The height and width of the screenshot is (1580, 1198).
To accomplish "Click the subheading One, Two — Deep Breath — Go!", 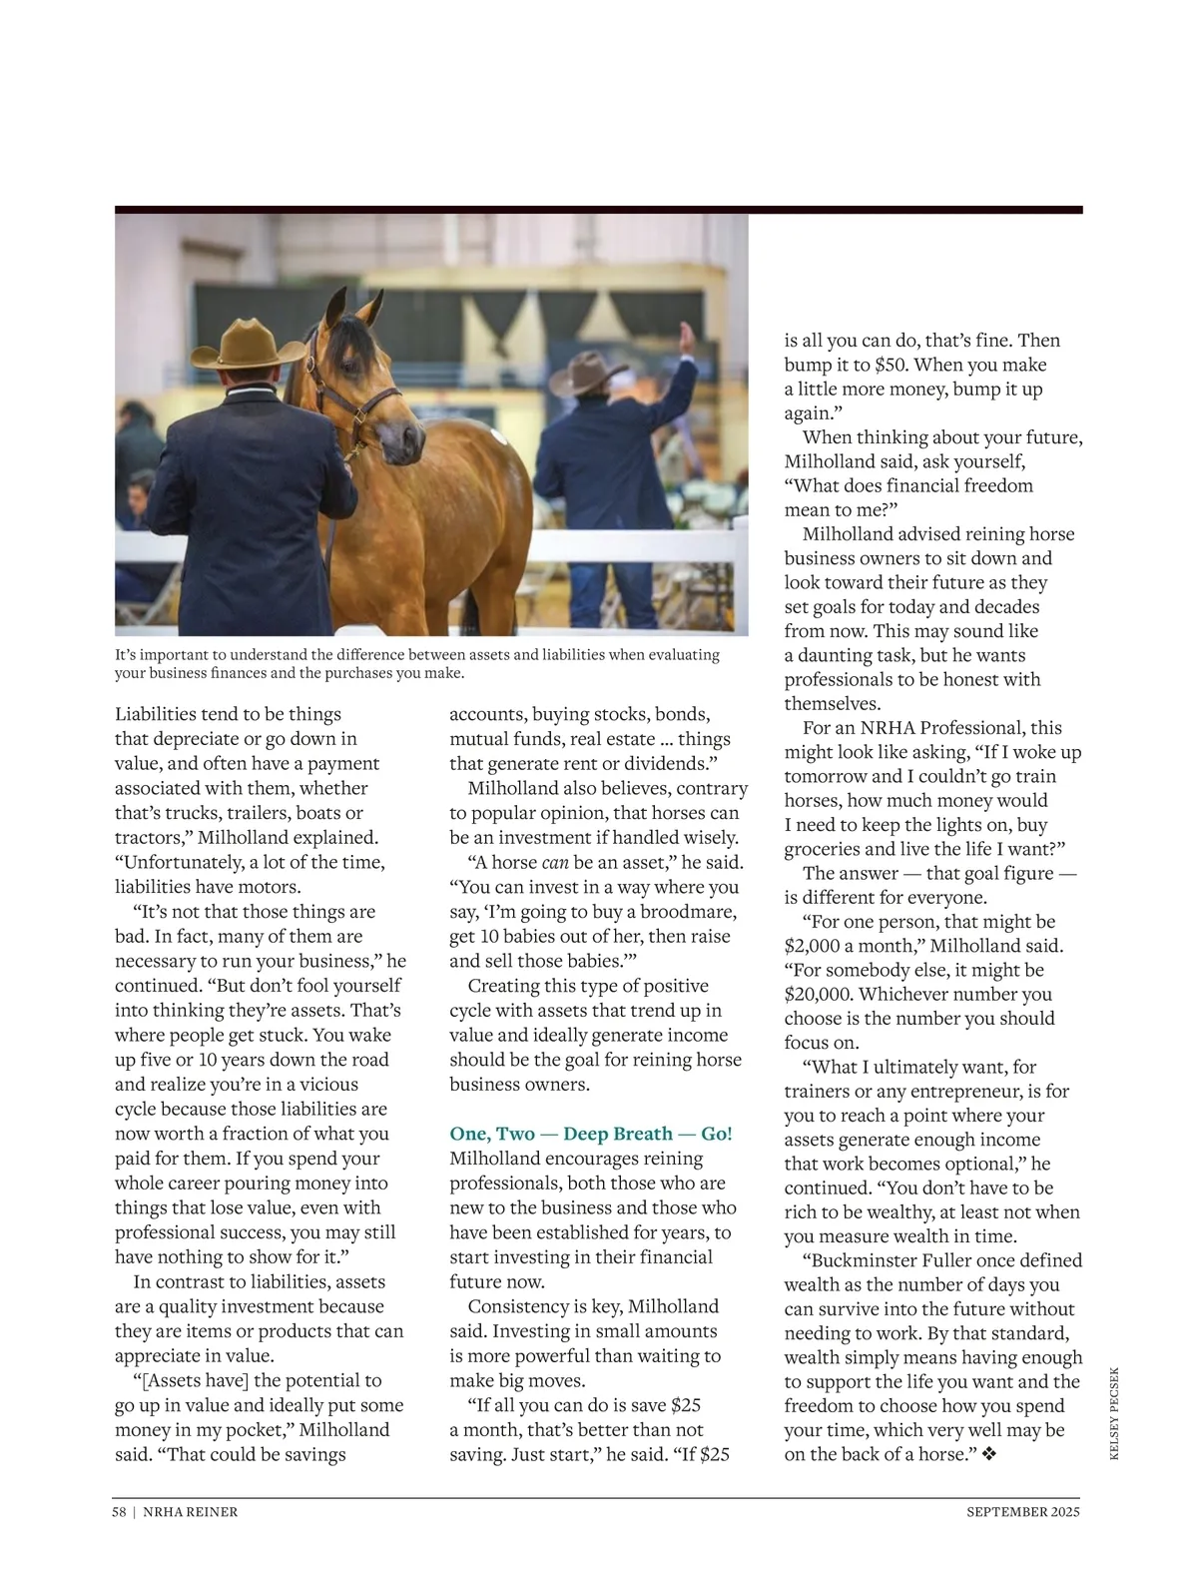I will pos(590,1134).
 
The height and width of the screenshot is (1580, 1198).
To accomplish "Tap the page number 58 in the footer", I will pos(119,1512).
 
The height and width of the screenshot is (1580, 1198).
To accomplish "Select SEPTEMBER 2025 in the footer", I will pos(1023,1512).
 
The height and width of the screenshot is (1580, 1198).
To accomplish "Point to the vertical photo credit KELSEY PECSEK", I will pos(1114,1413).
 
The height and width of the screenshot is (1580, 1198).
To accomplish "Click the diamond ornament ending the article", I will pos(989,1455).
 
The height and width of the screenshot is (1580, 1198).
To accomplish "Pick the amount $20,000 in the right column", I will pos(817,995).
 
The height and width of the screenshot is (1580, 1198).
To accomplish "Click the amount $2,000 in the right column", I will pos(812,946).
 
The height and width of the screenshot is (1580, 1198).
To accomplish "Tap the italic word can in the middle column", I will pos(555,863).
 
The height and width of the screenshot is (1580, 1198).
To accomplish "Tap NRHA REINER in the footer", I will pos(191,1512).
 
